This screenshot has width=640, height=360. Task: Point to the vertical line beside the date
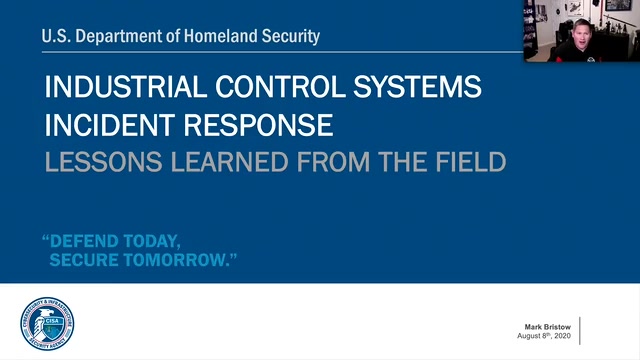580,330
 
